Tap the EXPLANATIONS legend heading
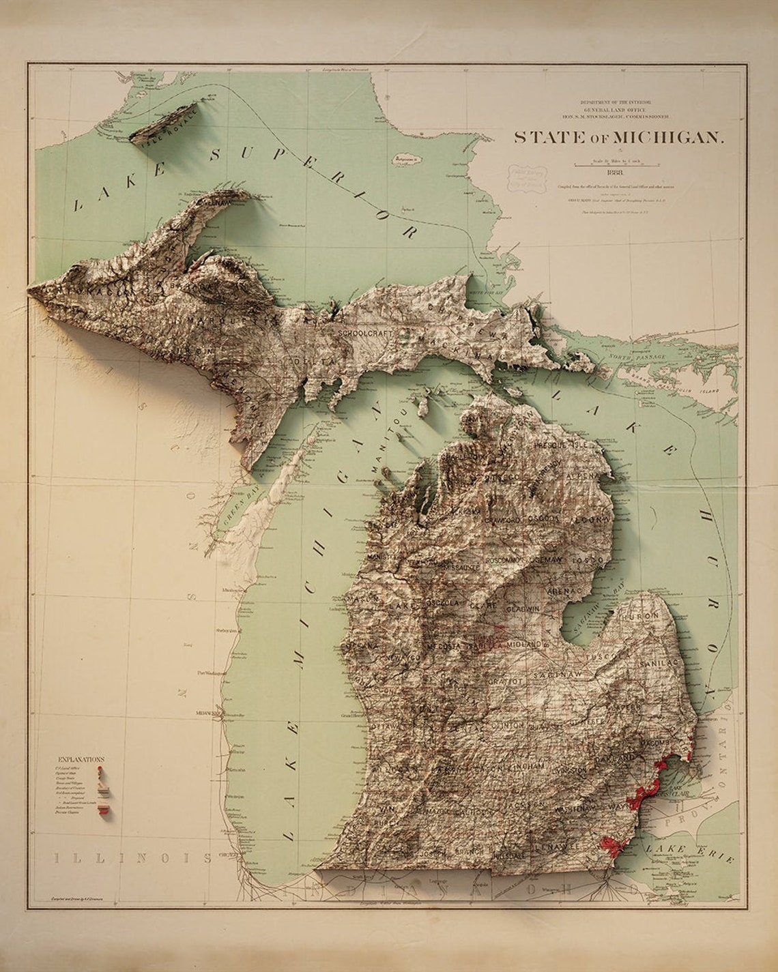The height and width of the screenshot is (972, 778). pyautogui.click(x=81, y=759)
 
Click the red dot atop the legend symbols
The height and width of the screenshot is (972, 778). pyautogui.click(x=101, y=768)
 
